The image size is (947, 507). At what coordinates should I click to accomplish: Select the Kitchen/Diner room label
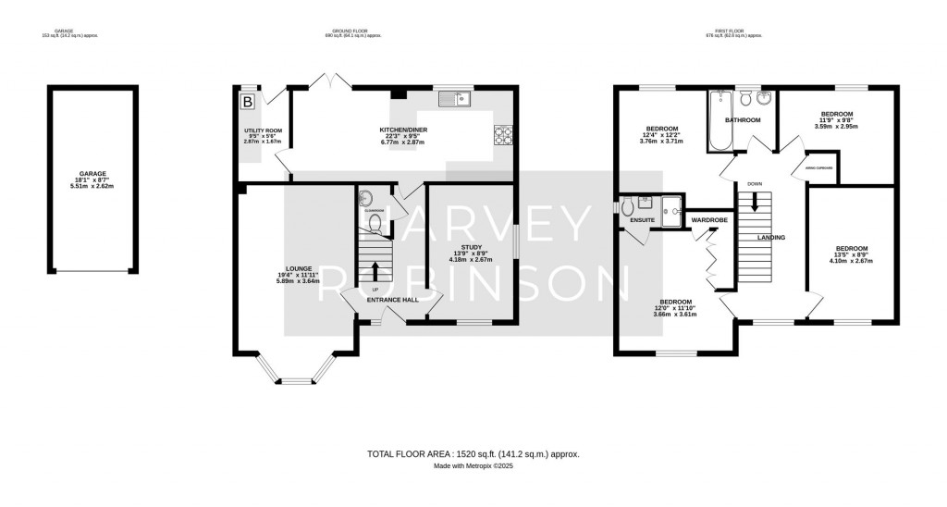(x=401, y=129)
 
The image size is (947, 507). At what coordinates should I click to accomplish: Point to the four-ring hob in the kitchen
(x=505, y=135)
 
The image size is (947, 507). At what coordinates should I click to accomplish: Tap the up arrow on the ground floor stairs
(x=375, y=271)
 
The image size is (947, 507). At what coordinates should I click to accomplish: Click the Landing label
(x=770, y=238)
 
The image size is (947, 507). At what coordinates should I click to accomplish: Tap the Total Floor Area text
(x=473, y=454)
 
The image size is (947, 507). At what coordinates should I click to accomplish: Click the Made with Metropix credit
(x=473, y=466)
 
